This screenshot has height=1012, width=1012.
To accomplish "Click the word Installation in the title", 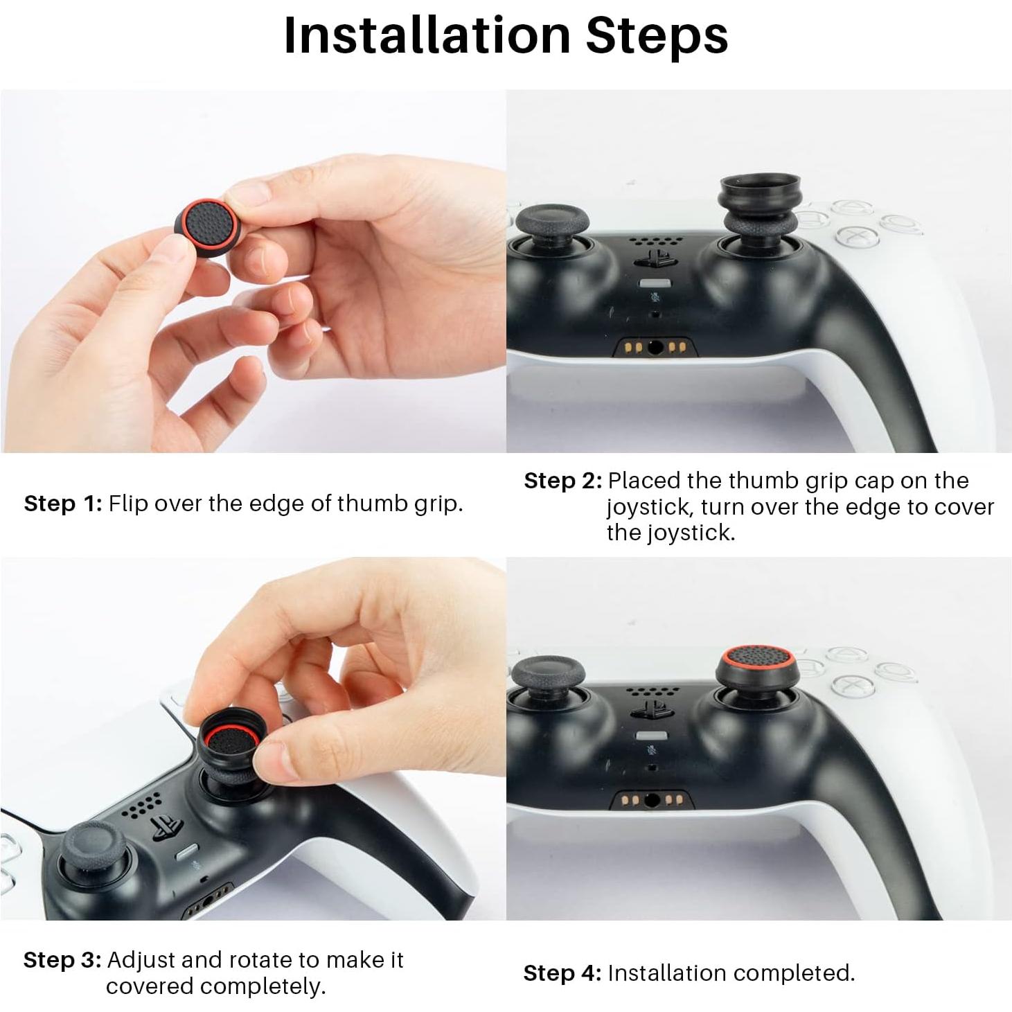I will click(426, 35).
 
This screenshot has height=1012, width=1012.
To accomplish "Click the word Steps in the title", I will click(657, 35).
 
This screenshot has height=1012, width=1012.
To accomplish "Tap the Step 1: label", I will click(63, 504).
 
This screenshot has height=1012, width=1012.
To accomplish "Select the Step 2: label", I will click(562, 481).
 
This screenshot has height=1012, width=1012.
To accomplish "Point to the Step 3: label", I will click(62, 960).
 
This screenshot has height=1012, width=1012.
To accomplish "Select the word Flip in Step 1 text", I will click(128, 504).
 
